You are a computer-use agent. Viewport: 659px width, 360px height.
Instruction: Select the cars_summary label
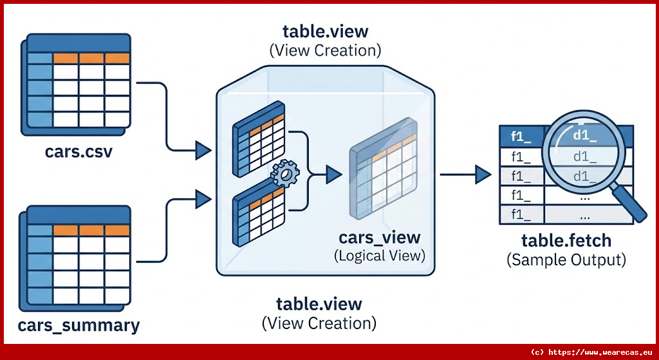coord(79,325)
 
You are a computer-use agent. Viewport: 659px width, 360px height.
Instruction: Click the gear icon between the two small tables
coord(286,173)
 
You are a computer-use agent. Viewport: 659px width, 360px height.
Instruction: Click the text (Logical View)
coord(379,256)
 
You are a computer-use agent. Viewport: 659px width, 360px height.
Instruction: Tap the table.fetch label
coord(566,242)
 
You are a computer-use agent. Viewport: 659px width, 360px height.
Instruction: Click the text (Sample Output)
coord(566,260)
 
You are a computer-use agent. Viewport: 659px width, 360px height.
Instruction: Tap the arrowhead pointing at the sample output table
coord(483,173)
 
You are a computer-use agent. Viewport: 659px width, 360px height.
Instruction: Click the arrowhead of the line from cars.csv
coord(203,151)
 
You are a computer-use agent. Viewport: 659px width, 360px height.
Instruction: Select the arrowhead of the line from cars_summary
coord(203,196)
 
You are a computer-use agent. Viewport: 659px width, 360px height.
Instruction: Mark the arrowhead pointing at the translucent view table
coord(333,173)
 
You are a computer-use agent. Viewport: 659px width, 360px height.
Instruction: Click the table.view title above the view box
coord(325,32)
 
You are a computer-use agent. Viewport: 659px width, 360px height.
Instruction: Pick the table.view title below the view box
coord(319,304)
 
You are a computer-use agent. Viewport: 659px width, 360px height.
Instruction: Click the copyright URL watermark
coord(592,352)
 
